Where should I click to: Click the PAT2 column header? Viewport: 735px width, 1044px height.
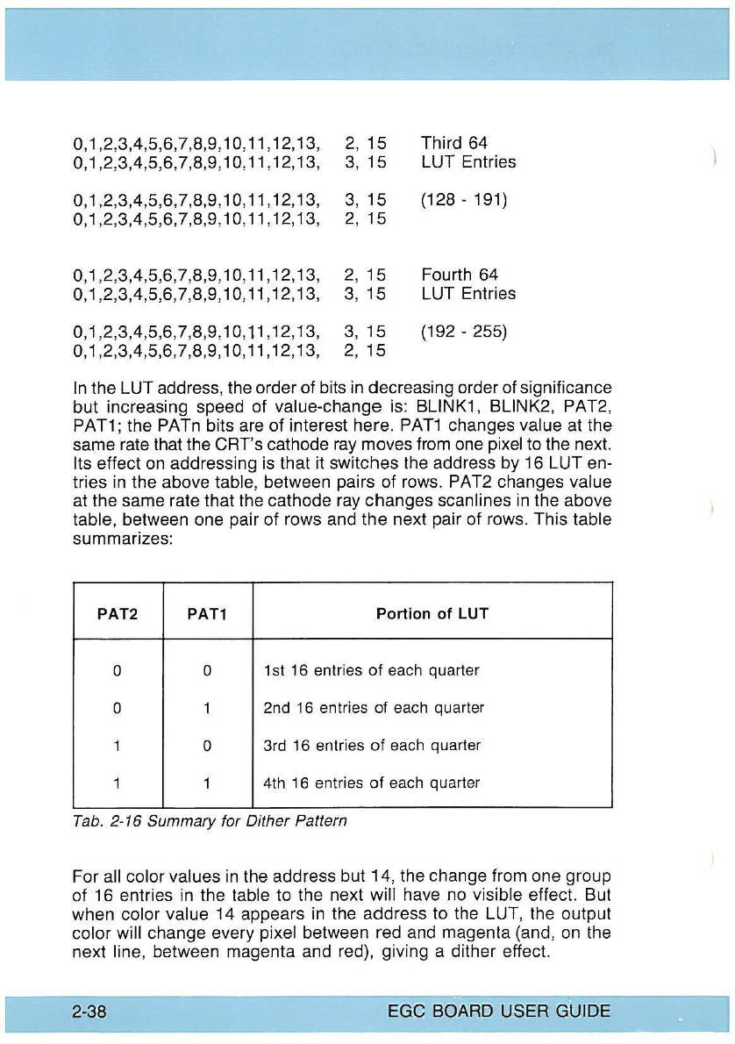(x=118, y=614)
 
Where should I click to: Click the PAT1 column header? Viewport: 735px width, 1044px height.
(x=207, y=614)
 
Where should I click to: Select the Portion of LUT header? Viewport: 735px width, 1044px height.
(x=432, y=614)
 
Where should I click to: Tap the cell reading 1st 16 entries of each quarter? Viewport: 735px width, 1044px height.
(x=371, y=670)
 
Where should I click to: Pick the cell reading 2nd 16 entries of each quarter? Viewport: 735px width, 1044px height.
(x=374, y=707)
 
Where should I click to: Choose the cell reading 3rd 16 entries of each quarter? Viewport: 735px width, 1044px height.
(x=372, y=745)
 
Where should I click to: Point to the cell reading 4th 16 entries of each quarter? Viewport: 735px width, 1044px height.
(x=372, y=783)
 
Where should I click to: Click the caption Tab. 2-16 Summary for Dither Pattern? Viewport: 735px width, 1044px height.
(x=210, y=821)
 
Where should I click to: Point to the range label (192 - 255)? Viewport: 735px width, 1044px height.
(x=464, y=333)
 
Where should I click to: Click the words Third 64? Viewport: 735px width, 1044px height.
(x=454, y=142)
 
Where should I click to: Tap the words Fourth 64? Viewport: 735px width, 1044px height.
(x=460, y=275)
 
